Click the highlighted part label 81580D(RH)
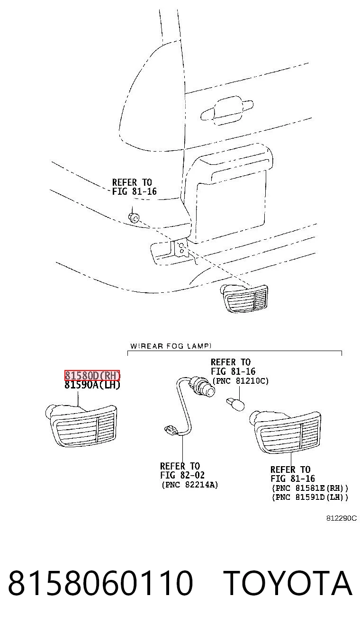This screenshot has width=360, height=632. pos(92,376)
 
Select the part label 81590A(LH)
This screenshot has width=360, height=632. pos(92,385)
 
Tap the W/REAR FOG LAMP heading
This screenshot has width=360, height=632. pos(171,346)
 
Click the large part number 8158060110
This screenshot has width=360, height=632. pos(100,583)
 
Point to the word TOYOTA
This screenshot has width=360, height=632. pos(288,583)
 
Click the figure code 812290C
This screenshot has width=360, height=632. pos(342,518)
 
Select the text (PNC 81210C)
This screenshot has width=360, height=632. pos(240,381)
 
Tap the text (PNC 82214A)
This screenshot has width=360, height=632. pos(190,485)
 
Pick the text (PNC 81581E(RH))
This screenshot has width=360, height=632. pos(310,488)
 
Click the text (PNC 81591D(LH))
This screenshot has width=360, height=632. pos(310,497)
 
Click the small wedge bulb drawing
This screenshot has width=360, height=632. pos(235,404)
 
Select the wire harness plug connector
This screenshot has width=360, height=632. pos(171,430)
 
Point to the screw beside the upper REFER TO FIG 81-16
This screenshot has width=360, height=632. pos(134,217)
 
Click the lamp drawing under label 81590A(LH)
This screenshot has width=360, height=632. pos(81,424)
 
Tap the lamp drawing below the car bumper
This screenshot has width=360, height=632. pos(244,298)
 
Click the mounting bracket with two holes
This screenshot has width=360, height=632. pos(181,248)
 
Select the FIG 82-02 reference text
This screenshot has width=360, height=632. pos(182,475)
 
